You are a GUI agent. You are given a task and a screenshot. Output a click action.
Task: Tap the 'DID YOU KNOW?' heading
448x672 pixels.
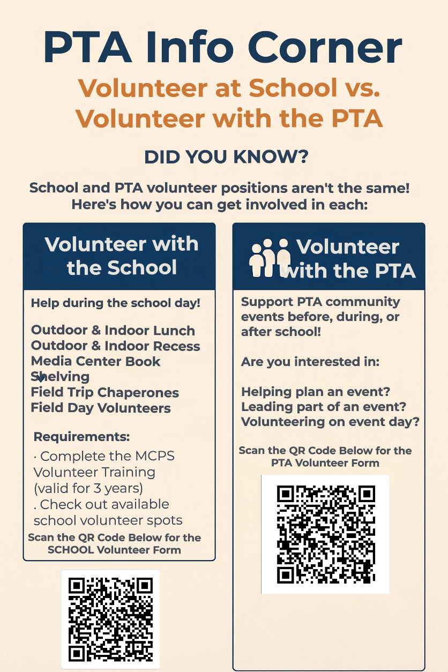226,157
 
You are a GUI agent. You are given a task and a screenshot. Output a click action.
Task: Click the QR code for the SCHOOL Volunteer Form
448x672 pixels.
110,619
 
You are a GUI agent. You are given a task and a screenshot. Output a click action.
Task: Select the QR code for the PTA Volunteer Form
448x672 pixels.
325,534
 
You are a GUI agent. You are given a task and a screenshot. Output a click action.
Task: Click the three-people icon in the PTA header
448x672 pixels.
270,258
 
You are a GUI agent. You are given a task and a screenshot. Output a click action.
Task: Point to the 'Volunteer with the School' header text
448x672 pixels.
122,256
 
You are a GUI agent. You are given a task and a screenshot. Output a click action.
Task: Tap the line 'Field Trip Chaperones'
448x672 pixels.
105,392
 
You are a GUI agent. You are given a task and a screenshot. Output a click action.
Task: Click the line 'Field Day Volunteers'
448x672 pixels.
101,408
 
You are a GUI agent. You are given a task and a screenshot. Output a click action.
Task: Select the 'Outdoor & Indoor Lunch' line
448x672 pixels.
113,330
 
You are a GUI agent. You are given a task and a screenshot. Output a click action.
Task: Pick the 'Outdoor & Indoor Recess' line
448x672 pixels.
116,346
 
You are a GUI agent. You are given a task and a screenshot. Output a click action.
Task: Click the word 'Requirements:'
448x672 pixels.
81,437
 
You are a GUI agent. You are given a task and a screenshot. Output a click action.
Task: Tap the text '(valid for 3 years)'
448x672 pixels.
88,488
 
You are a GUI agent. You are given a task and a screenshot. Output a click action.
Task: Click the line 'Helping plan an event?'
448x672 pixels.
316,391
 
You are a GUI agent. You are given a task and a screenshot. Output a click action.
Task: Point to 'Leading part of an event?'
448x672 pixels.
324,407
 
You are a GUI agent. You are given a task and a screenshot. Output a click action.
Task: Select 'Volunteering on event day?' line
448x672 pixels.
330,422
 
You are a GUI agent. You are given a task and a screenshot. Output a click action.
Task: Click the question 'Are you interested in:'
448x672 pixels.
310,362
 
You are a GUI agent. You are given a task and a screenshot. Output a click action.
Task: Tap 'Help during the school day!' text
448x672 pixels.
116,303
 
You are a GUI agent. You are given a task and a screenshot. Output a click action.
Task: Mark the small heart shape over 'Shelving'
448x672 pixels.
40,378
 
